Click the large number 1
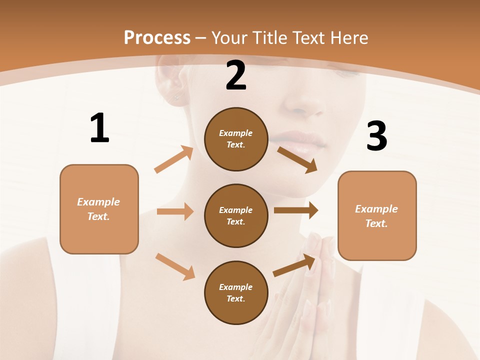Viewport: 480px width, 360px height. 99,128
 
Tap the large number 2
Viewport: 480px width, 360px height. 236,76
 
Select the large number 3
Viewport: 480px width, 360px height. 376,136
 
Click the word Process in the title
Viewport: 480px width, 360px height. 157,37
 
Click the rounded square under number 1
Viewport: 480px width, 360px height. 99,209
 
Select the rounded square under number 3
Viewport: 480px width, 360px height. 377,215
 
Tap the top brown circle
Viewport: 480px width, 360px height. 236,139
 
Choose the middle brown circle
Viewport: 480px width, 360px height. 236,215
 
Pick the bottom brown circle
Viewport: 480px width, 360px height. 236,292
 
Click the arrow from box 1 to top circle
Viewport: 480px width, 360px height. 174,159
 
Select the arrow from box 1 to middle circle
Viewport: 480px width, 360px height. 175,211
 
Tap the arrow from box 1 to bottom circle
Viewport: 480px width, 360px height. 175,266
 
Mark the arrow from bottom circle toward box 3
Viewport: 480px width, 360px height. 294,265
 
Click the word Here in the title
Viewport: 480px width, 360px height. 348,37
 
